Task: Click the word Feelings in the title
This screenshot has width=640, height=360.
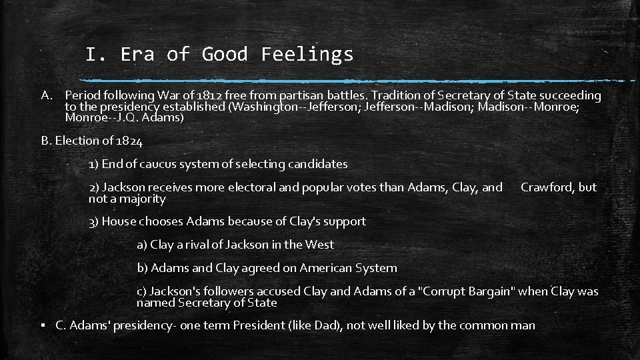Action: [307, 54]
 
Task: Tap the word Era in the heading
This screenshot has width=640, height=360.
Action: [137, 54]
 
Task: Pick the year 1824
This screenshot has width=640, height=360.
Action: [129, 141]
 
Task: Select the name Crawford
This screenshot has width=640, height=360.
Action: [549, 187]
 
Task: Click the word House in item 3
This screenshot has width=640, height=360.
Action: [120, 221]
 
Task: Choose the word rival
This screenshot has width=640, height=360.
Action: [193, 245]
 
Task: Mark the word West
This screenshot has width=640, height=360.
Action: [319, 245]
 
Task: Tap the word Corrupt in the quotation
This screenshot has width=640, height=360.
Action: [445, 291]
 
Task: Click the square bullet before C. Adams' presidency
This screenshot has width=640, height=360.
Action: [43, 326]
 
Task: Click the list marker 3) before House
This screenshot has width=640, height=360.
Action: [93, 221]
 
